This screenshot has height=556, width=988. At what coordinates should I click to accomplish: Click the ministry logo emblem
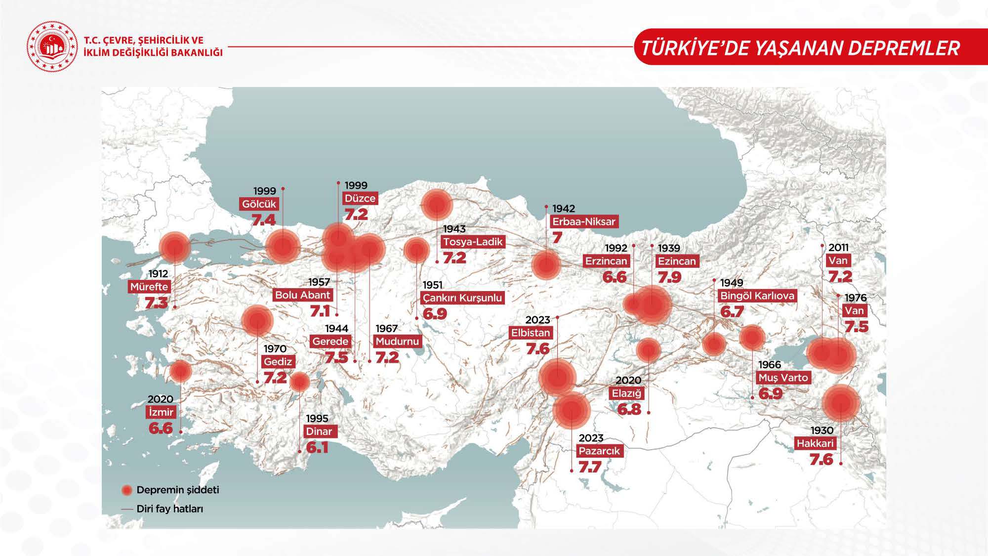[52, 47]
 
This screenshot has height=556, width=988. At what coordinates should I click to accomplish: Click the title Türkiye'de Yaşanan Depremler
[800, 48]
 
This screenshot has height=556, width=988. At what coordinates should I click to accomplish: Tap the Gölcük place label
[259, 204]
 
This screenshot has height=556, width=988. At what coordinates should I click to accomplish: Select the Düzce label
[360, 198]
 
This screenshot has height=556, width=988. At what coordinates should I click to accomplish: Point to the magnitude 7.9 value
[669, 277]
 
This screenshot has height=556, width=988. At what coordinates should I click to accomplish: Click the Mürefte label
[149, 287]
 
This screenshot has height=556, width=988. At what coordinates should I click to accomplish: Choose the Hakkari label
[815, 443]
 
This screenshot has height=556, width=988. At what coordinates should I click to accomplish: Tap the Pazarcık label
[599, 451]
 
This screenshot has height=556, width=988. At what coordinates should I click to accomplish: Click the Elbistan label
[531, 333]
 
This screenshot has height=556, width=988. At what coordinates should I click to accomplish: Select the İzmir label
[161, 412]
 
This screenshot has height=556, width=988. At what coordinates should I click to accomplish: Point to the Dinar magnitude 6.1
[317, 447]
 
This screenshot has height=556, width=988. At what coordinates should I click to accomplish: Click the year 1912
[158, 274]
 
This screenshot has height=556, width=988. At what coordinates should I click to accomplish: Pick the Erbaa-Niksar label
[584, 221]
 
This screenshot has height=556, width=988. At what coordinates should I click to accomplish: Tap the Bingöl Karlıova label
[757, 296]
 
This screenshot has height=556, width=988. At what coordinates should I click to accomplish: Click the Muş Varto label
[783, 378]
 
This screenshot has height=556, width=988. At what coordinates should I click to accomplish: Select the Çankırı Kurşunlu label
[462, 298]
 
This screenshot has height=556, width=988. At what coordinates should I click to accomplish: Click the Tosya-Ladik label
[473, 242]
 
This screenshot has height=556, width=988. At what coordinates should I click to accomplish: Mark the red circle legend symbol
[127, 490]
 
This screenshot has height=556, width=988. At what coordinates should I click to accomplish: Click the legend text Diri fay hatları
[170, 509]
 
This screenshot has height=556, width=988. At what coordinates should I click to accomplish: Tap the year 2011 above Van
[838, 247]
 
